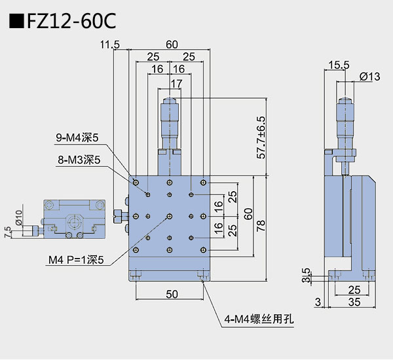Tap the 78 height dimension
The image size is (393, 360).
coord(261,226)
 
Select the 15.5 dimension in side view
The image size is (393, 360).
coord(338,65)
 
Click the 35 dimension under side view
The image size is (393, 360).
coord(354,301)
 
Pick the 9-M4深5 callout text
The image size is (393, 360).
coord(77,137)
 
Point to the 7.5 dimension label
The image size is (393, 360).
coord(7,232)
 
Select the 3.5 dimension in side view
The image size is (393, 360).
coord(306,274)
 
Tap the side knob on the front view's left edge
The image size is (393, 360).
coord(119,216)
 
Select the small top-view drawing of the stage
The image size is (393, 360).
coord(74,217)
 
